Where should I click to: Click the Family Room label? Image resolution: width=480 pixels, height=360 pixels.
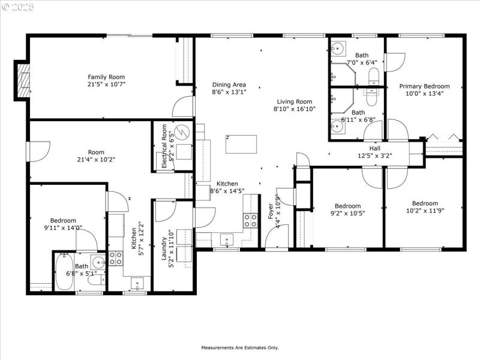pos(106,77)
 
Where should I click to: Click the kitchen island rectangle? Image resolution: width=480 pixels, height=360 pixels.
pos(241,144)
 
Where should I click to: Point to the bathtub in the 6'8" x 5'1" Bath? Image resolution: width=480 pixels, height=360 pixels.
pos(64,273)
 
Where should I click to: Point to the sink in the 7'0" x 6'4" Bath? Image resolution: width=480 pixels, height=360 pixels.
pos(338,49)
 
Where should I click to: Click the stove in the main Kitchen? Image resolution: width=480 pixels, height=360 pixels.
pos(250,220)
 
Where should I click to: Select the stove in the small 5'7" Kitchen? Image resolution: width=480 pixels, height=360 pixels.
pos(115,259)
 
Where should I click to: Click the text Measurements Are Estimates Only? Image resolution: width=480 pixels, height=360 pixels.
pos(239,347)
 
